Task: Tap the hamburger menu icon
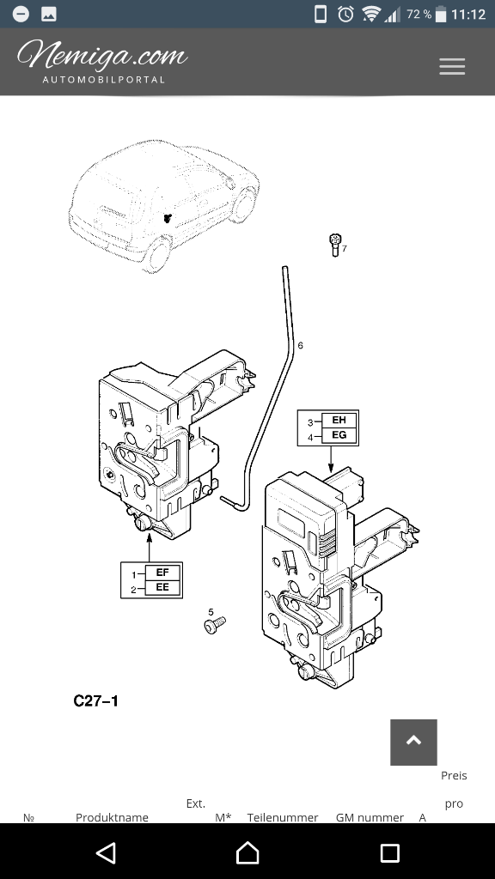pyautogui.click(x=452, y=67)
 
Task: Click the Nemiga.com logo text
pyautogui.click(x=102, y=56)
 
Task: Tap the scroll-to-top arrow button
pyautogui.click(x=413, y=743)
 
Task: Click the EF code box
pyautogui.click(x=162, y=573)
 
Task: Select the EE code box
pyautogui.click(x=162, y=587)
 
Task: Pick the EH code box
pyautogui.click(x=339, y=420)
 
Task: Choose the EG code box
pyautogui.click(x=339, y=434)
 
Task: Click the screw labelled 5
pyautogui.click(x=215, y=625)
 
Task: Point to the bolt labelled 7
pyautogui.click(x=334, y=245)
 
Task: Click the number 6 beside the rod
pyautogui.click(x=300, y=345)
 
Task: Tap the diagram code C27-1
pyautogui.click(x=96, y=700)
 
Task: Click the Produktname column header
pyautogui.click(x=113, y=817)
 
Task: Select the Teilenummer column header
pyautogui.click(x=283, y=817)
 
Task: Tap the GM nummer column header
pyautogui.click(x=370, y=817)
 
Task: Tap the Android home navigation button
pyautogui.click(x=247, y=852)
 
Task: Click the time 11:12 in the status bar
pyautogui.click(x=468, y=15)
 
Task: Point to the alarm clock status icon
pyautogui.click(x=345, y=14)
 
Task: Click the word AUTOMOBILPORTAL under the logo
pyautogui.click(x=104, y=80)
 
